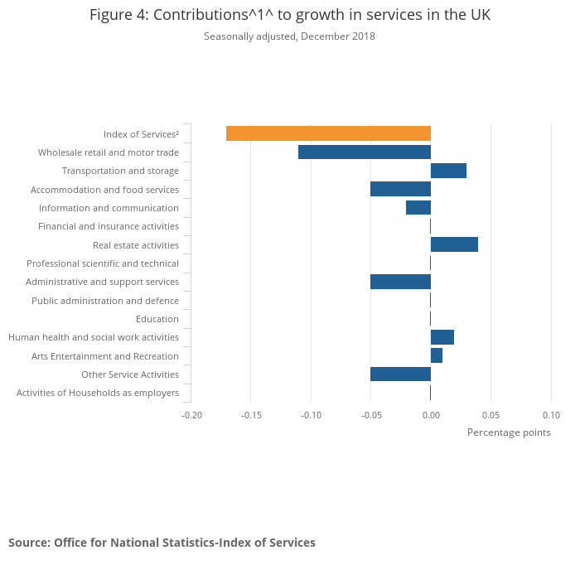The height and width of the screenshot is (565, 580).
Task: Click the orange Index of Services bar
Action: click(328, 133)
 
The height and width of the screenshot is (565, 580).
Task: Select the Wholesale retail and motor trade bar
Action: click(365, 152)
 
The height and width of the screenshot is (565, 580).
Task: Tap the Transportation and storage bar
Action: click(448, 171)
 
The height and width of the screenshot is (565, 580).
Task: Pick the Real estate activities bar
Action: click(454, 244)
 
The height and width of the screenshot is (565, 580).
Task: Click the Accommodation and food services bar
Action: click(400, 189)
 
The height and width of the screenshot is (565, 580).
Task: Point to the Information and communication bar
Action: click(418, 208)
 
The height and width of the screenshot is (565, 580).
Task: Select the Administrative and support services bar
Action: click(400, 282)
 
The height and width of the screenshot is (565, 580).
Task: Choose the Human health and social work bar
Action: click(442, 337)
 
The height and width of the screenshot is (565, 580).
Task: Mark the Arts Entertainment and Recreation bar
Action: click(437, 355)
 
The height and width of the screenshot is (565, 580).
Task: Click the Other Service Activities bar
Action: click(400, 374)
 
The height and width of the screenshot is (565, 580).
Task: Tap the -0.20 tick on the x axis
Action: click(191, 414)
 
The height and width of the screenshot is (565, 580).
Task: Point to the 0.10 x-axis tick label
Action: click(551, 414)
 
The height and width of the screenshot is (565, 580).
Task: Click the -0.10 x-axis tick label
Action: click(312, 414)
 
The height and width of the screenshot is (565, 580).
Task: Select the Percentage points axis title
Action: click(508, 432)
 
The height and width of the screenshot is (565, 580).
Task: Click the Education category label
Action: click(157, 319)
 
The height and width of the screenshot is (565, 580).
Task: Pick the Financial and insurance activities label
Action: click(109, 226)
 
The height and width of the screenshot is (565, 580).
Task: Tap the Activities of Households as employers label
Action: click(98, 393)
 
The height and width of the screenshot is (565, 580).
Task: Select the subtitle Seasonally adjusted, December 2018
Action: click(290, 36)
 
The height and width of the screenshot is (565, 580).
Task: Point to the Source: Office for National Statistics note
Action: click(162, 543)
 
